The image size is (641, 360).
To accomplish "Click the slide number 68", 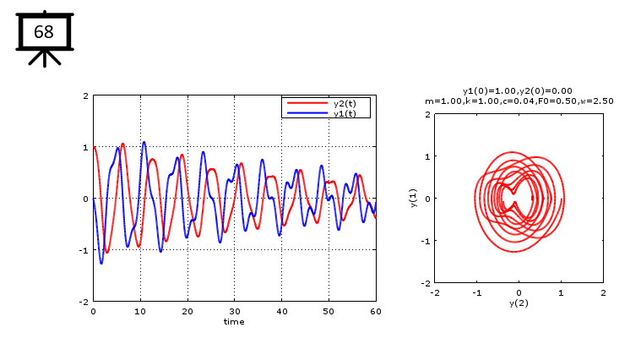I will (x=44, y=32).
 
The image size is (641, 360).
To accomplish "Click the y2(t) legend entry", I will (x=345, y=104).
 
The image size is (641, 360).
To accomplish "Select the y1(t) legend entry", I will (x=345, y=113).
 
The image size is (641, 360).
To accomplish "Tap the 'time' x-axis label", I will (x=234, y=321).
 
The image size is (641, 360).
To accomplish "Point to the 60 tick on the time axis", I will (x=376, y=311).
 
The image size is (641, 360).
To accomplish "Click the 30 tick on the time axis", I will (x=235, y=311).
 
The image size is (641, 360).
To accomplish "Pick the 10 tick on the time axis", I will (x=140, y=311).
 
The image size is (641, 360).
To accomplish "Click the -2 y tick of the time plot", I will (x=85, y=302).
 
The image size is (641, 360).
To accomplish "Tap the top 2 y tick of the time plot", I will (x=86, y=95).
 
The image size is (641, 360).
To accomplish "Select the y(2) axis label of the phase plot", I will (x=519, y=302).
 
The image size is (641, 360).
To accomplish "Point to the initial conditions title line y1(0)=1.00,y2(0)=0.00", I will (x=518, y=90).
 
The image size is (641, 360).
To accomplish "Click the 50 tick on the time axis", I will (x=329, y=311).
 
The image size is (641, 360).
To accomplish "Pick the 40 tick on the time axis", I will (x=282, y=311).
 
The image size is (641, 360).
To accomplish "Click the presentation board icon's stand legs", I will (x=44, y=57).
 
